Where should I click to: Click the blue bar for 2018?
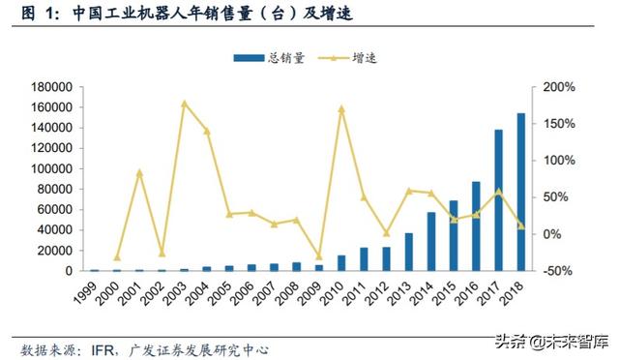coord(521,193)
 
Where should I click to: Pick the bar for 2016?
coord(476,226)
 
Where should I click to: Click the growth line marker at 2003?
coord(184,104)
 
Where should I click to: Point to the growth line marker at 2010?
coord(341,108)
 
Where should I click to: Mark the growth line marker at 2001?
coord(139,172)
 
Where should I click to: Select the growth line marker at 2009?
coord(319,256)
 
